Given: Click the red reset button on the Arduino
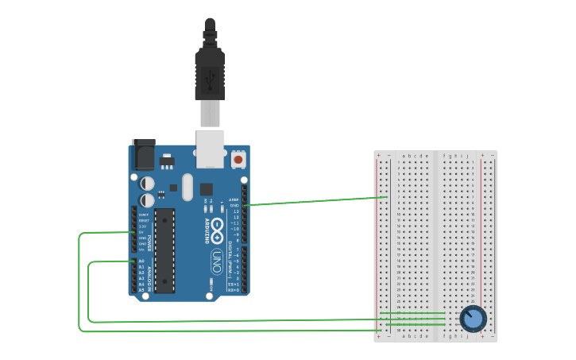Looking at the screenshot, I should point(238,160).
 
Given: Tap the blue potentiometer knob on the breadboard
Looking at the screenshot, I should point(473,319).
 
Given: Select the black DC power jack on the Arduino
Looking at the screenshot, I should point(144,154).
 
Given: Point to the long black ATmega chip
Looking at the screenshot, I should point(164,250).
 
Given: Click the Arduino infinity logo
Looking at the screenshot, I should point(217,226).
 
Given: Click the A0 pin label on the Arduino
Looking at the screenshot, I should point(141,261).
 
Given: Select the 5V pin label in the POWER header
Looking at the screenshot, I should point(142,232).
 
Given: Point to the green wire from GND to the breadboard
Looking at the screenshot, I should point(318,201).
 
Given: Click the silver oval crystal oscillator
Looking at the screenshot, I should point(187,188).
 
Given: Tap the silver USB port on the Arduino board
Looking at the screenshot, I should point(210,149).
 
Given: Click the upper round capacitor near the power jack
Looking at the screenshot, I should point(148,184).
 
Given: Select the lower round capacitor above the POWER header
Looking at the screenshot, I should point(148,200).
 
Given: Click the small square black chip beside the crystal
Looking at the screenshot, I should point(207,189).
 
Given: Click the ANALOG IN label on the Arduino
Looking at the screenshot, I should point(149,276).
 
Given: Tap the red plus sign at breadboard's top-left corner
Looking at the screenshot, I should point(379,156).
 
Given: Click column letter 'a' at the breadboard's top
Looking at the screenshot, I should point(404,156).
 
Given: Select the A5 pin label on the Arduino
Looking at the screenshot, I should point(141,290).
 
